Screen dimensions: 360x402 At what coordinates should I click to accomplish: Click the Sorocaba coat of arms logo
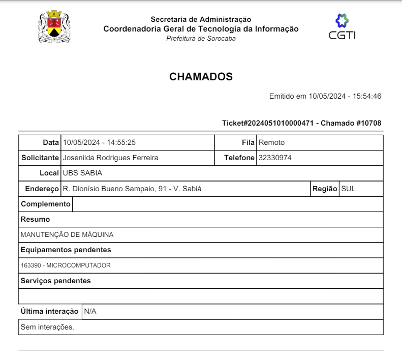(x=54, y=27)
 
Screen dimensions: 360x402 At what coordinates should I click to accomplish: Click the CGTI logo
(x=342, y=26)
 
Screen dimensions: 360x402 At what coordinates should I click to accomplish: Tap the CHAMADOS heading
(x=201, y=77)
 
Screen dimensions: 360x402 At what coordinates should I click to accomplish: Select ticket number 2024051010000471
(x=281, y=123)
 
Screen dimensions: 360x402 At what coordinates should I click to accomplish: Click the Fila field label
(x=248, y=142)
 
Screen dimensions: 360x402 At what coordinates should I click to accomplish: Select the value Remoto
(x=271, y=142)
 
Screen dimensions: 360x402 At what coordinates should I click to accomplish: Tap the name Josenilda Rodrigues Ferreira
(x=110, y=158)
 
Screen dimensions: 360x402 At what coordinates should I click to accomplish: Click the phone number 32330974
(x=275, y=158)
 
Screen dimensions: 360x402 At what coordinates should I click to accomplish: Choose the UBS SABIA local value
(x=82, y=173)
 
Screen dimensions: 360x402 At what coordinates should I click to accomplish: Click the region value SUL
(x=348, y=189)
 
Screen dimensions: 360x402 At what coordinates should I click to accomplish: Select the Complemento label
(x=46, y=204)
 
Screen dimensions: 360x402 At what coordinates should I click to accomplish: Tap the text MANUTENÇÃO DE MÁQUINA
(x=67, y=235)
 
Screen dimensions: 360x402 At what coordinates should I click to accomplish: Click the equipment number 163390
(x=31, y=265)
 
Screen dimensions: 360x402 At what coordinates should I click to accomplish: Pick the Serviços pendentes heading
(x=56, y=281)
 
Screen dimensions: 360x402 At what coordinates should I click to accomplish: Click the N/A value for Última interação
(x=90, y=311)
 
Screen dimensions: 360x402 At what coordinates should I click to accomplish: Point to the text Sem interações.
(x=47, y=327)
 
